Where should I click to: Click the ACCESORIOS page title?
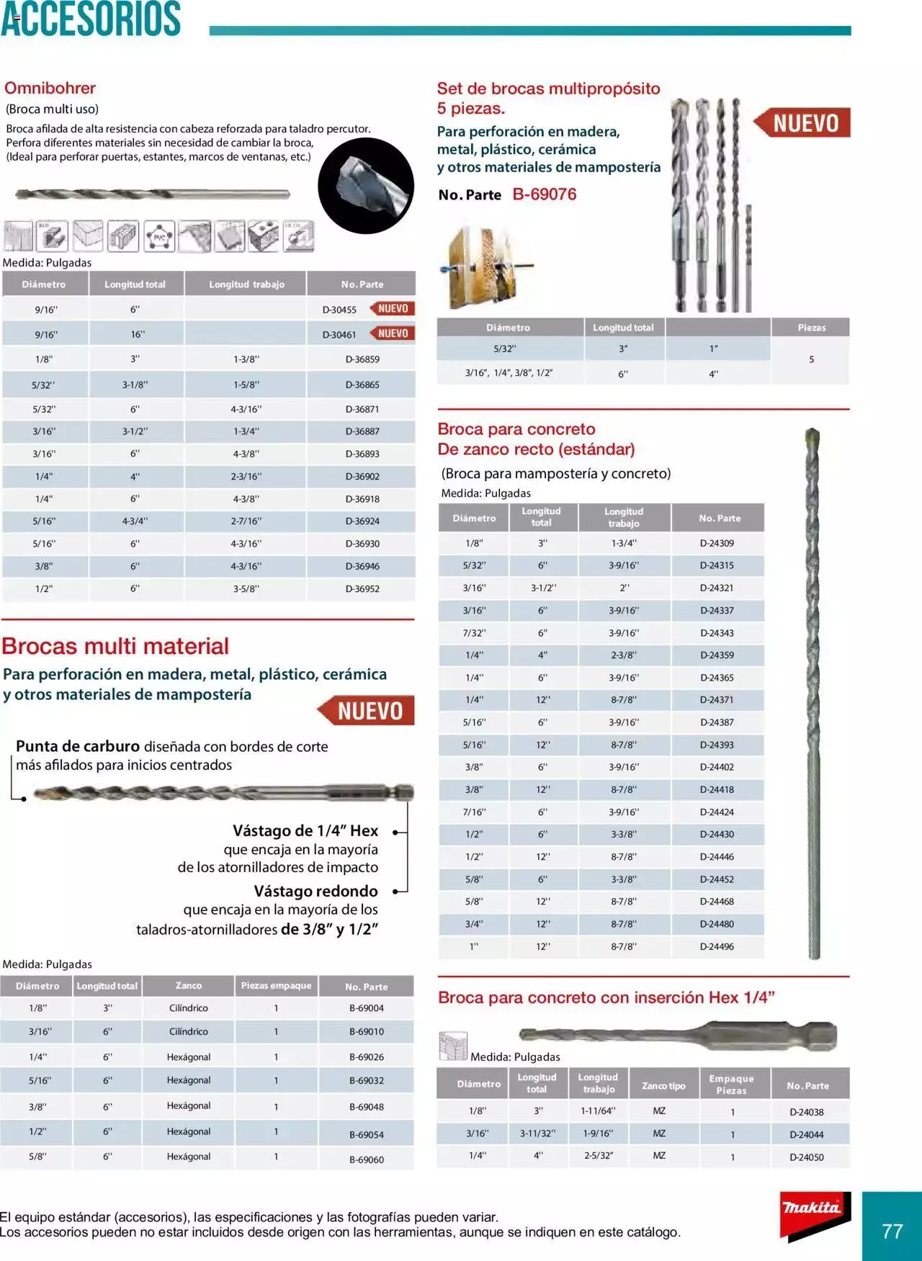(x=91, y=19)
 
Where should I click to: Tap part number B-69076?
(x=544, y=194)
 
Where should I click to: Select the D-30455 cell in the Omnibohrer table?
(x=339, y=310)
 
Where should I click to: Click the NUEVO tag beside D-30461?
(x=393, y=333)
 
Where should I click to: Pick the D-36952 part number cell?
(x=362, y=589)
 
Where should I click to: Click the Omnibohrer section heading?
(x=50, y=89)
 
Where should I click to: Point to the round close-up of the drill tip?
(x=366, y=186)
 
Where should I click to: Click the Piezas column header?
(x=811, y=328)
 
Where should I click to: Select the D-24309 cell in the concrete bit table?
(x=717, y=544)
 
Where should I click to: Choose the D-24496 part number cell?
(x=717, y=947)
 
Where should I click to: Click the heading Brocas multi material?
(x=115, y=646)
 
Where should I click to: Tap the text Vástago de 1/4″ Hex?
(x=305, y=831)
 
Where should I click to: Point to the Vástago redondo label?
(x=315, y=892)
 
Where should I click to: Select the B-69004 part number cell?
(x=366, y=1008)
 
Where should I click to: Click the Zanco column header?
(x=189, y=986)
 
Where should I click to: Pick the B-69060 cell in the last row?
(x=366, y=1159)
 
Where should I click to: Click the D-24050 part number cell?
(x=806, y=1157)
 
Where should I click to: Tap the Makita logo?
(x=812, y=1208)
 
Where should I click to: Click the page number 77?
(x=892, y=1231)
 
